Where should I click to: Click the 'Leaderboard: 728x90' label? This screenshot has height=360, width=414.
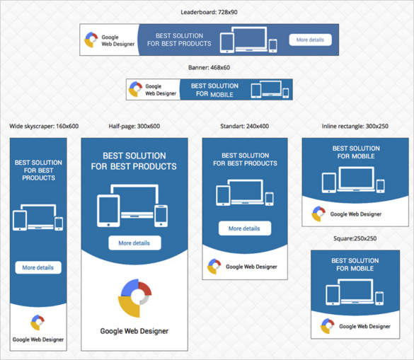tap(209, 12)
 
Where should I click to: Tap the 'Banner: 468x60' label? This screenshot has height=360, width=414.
tap(209, 68)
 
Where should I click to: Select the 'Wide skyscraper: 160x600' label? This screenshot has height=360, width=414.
tap(44, 126)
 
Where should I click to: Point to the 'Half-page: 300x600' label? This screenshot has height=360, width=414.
tap(134, 126)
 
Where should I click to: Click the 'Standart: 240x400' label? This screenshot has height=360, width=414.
tap(244, 126)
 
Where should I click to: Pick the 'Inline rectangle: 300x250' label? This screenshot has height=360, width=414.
tap(355, 126)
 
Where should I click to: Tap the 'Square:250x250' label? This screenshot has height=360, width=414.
tap(355, 238)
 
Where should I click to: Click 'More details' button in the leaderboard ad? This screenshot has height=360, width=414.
tap(310, 40)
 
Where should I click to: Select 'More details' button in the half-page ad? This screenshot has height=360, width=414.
tap(134, 243)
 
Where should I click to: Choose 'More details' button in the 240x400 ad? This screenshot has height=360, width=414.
tap(245, 228)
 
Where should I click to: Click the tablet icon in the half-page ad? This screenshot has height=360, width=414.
tap(108, 211)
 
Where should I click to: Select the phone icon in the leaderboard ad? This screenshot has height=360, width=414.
tap(273, 45)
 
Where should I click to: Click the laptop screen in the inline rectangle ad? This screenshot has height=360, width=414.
tap(356, 178)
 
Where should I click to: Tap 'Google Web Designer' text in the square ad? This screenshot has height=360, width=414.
tap(364, 327)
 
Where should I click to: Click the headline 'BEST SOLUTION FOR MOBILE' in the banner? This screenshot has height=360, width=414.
tap(214, 90)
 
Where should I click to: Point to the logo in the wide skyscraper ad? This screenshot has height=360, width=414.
tap(38, 323)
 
